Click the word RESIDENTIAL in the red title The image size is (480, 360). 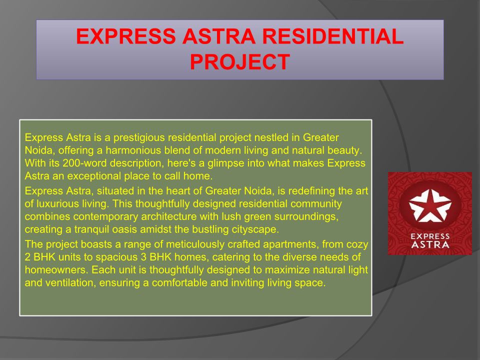coord(333,36)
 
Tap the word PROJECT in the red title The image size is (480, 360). coord(240,62)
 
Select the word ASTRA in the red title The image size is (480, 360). coord(219,36)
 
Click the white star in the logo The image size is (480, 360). coord(430,205)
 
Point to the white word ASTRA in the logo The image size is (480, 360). coord(430,244)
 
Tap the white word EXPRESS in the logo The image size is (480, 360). coord(430,236)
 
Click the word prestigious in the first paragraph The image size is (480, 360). coord(139,138)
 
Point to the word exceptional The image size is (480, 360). coord(93,176)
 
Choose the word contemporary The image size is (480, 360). coord(105,216)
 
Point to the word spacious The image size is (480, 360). coord(116,257)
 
